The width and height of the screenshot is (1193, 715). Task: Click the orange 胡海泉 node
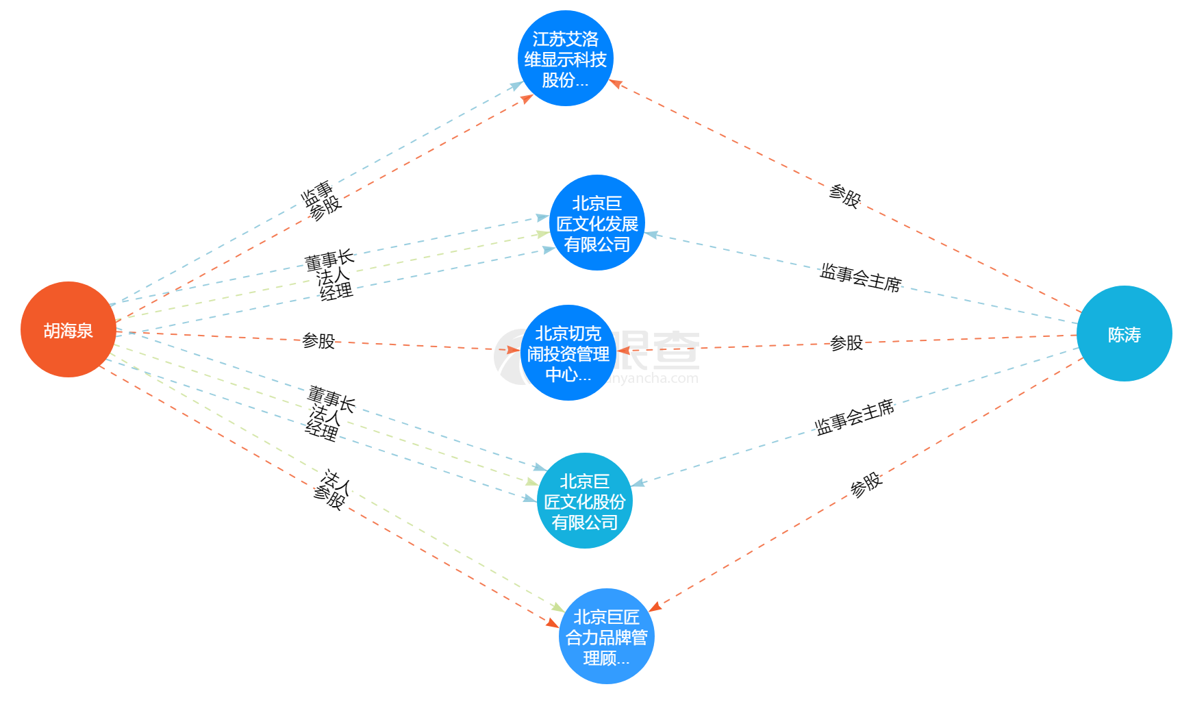coord(68,329)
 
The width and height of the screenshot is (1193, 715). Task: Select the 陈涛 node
coord(1124,334)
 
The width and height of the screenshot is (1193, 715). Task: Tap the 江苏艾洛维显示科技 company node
coord(565,58)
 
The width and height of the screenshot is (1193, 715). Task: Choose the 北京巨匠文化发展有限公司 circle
coord(596,223)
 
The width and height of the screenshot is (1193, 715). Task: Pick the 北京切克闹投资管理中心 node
coord(568,353)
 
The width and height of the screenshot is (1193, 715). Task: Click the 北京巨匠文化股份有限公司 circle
coord(584,501)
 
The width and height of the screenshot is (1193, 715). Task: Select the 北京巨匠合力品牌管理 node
coord(606,636)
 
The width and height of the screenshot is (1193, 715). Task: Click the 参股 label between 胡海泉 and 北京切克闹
coord(318,340)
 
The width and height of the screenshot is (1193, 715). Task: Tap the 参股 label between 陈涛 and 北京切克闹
coord(846,342)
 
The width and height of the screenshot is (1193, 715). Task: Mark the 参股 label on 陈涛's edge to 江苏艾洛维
coord(844,195)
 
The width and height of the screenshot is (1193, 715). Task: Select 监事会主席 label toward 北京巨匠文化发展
coord(861,277)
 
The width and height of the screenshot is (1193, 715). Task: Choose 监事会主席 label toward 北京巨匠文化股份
coord(855,416)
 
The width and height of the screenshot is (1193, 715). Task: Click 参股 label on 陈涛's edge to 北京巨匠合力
coord(866,484)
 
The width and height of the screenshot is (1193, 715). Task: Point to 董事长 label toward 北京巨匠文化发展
coord(329,259)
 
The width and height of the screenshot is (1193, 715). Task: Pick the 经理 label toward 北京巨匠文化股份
coord(322,430)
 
